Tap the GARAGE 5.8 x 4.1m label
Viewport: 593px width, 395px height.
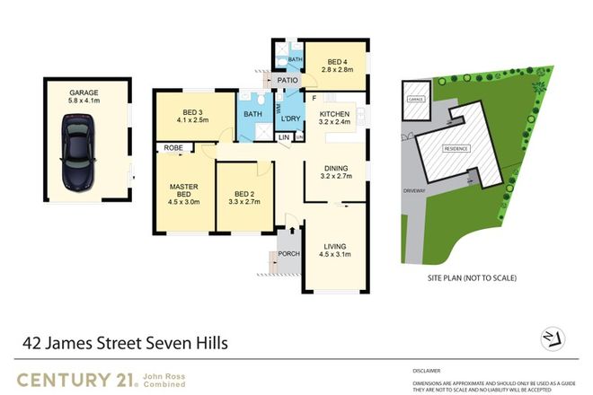click(x=84, y=97)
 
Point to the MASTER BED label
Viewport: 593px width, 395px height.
click(x=183, y=192)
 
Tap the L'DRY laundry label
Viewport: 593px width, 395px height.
click(x=290, y=119)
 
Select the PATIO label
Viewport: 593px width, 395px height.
click(x=288, y=81)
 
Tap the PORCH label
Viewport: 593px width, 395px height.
click(x=289, y=254)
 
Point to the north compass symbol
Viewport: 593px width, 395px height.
click(x=554, y=337)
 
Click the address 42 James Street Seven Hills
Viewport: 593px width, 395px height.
click(x=126, y=342)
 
